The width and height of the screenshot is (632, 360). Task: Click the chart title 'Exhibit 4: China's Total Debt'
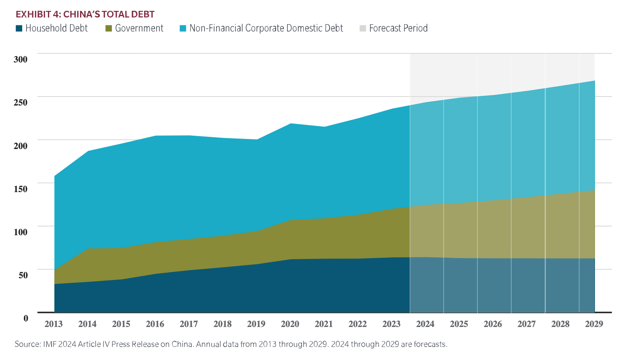[x=85, y=14]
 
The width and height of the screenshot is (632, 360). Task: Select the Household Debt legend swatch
[x=19, y=29]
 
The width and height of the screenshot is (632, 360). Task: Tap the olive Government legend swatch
[x=108, y=29]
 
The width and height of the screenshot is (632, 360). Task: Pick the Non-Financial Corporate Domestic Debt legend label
[x=266, y=28]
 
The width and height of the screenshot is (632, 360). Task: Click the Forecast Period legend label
[x=398, y=28]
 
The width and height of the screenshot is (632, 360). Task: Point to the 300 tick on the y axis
[x=21, y=59]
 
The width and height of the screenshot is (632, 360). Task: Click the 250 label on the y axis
[x=21, y=102]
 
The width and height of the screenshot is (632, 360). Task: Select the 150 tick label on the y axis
[x=21, y=189]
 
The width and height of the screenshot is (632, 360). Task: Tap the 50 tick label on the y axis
[x=23, y=275]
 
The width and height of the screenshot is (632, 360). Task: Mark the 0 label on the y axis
[x=26, y=318]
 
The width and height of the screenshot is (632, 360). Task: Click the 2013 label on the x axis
[x=54, y=324]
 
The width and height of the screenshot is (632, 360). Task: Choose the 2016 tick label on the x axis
[x=155, y=324]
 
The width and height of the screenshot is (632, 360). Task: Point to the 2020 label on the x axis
[x=290, y=324]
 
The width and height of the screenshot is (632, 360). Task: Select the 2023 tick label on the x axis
[x=391, y=324]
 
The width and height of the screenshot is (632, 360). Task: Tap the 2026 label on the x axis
[x=493, y=324]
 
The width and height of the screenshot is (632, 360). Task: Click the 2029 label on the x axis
[x=594, y=324]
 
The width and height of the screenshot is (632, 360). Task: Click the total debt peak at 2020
[x=290, y=124]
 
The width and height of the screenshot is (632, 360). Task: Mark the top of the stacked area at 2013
[x=55, y=176]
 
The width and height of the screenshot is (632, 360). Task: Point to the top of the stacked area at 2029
[x=594, y=81]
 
